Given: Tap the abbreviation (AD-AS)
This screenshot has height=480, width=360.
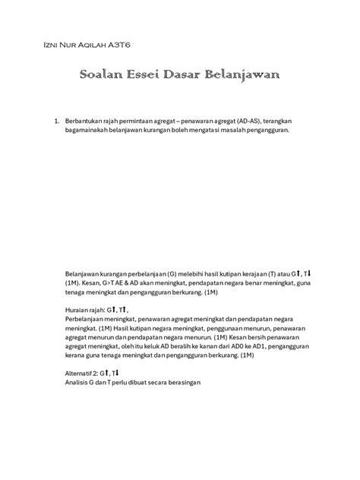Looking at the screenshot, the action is coord(235,121).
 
